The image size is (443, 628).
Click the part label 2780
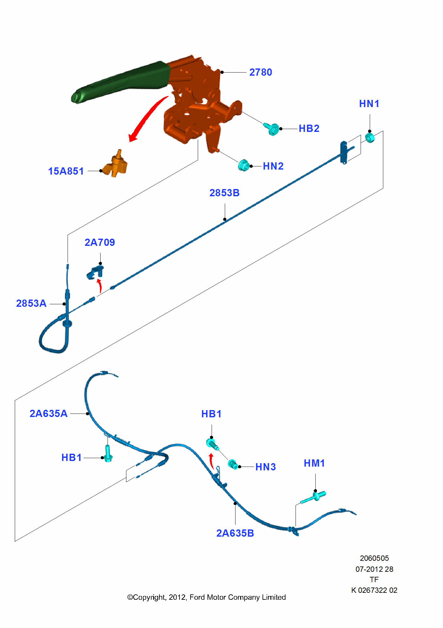[x=260, y=72]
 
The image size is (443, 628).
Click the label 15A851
[x=66, y=171]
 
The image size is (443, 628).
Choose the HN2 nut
[x=243, y=165]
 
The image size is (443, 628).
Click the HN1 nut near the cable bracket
[x=370, y=138]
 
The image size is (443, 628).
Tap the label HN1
[x=369, y=104]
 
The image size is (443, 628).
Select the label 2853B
[x=224, y=193]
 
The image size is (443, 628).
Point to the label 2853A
[x=31, y=303]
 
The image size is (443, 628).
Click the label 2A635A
[x=48, y=414]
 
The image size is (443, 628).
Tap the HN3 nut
[x=233, y=464]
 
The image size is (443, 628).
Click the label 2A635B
[x=235, y=533]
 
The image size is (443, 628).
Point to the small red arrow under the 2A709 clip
[x=99, y=285]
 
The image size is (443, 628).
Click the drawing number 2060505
[x=374, y=558]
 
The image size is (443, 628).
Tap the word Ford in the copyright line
[x=197, y=597]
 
